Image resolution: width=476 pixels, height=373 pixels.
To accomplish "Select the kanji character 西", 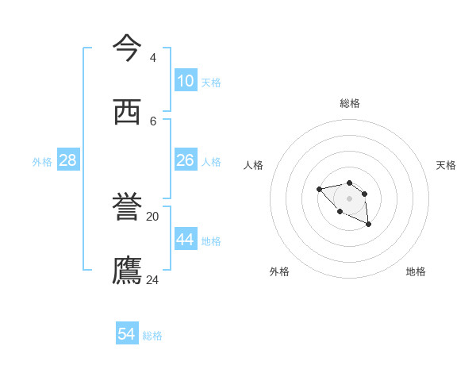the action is point(127,112).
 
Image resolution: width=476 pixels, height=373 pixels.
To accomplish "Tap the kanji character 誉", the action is point(127,207).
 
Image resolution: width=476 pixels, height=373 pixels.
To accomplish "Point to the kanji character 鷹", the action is point(127,271).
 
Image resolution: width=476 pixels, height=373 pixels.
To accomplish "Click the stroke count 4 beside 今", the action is point(153,58).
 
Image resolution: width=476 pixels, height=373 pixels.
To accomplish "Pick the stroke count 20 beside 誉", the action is point(153,216).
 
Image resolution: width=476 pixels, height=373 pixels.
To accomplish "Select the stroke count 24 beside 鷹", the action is point(153,279).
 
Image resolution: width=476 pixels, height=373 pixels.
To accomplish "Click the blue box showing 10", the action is point(186,81).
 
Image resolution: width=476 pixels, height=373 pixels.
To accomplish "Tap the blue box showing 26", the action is point(186,160).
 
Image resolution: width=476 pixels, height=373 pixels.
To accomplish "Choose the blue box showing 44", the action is point(186,240).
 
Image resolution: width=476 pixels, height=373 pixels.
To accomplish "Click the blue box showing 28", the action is point(68,160).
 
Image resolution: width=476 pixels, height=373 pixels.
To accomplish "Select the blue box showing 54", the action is point(127,334).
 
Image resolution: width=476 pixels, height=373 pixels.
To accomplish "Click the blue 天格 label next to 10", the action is point(211,83).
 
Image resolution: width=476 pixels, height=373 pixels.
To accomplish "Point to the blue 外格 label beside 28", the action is point(42,162).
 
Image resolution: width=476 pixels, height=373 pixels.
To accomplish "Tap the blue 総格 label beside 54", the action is point(152,336).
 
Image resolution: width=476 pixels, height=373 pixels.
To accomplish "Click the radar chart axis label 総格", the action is point(350,103).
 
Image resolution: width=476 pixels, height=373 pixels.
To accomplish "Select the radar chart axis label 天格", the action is point(446,165).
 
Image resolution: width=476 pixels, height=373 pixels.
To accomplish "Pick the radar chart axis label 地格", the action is point(416,271).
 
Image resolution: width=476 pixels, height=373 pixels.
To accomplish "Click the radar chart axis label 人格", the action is point(254,165).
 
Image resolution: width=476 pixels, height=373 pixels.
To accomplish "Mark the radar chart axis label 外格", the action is point(279,271).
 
